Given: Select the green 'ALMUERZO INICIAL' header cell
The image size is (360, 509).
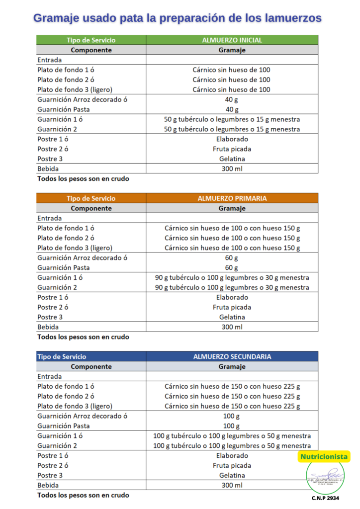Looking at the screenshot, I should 232,40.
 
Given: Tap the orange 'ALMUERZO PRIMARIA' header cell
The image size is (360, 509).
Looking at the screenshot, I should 232,198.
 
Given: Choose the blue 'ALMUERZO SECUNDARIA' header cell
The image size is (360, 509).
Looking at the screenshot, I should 232,357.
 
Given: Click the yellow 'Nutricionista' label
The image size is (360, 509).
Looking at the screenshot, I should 324,457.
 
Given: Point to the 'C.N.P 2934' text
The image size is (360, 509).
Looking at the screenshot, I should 326,498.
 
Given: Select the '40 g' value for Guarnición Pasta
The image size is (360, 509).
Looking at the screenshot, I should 232,109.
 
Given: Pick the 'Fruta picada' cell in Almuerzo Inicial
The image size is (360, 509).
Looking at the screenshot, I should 232,149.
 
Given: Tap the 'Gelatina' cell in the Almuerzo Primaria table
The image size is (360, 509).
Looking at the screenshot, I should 232,317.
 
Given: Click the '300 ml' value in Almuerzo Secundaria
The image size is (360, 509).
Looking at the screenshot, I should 232,485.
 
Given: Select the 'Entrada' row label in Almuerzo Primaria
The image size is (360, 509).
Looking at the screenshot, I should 50,218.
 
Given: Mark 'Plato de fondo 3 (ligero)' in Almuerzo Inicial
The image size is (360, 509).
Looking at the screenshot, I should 75,89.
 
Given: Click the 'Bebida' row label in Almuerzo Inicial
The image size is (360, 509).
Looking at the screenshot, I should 48,169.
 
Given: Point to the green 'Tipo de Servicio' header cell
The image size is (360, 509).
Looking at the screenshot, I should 91,40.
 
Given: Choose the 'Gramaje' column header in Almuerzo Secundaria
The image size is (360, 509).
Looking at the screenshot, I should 232,367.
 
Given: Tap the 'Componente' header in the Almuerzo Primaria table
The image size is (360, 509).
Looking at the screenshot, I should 91,208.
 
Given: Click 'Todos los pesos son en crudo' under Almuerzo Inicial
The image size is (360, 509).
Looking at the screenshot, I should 83,178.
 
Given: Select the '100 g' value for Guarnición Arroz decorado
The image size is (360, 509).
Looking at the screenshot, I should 232,416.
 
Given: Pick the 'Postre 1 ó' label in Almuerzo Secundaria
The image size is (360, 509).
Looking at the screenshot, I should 53,455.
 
